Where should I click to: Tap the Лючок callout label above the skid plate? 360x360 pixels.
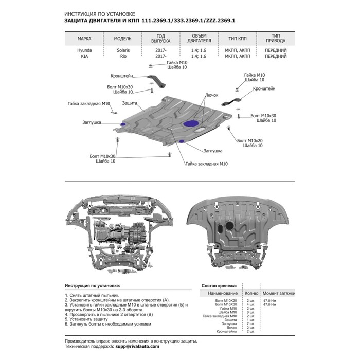[211, 95]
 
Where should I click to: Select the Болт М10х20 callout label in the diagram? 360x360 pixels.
[250, 140]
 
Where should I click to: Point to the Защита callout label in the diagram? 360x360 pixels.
[129, 103]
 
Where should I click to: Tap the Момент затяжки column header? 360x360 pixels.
[279, 293]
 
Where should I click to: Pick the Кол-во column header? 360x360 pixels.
[251, 293]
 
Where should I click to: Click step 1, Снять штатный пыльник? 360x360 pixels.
[93, 295]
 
